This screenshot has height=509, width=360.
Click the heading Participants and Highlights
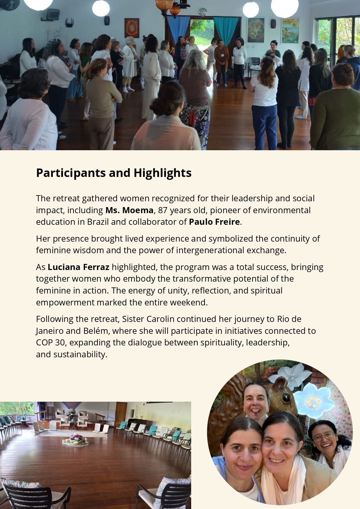tap(113, 173)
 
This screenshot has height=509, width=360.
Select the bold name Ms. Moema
tap(129, 210)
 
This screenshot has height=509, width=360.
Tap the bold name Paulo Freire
tap(214, 222)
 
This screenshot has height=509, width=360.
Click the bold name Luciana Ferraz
tap(78, 267)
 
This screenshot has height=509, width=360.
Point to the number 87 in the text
tap(163, 210)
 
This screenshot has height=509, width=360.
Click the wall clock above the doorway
tap(203, 12)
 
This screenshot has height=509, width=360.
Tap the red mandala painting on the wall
tap(132, 28)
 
